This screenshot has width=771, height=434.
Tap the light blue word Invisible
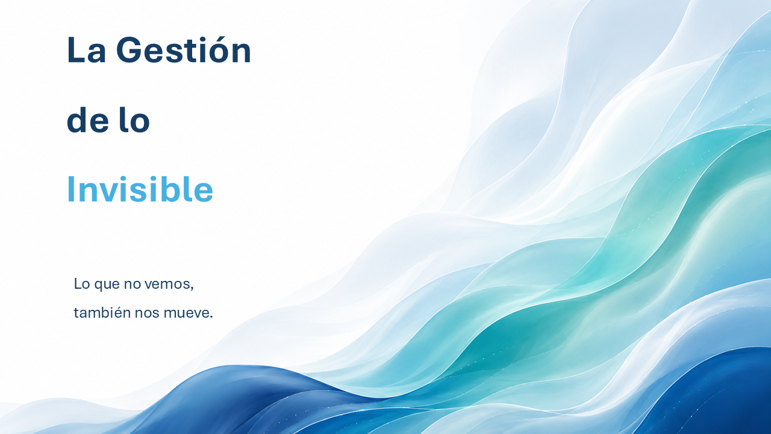140,189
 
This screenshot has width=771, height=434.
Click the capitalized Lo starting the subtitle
83,284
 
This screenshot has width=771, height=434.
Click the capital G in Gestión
129,49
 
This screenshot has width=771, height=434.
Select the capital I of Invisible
70,189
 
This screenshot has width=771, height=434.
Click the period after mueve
211,317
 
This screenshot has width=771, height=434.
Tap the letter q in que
98,286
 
